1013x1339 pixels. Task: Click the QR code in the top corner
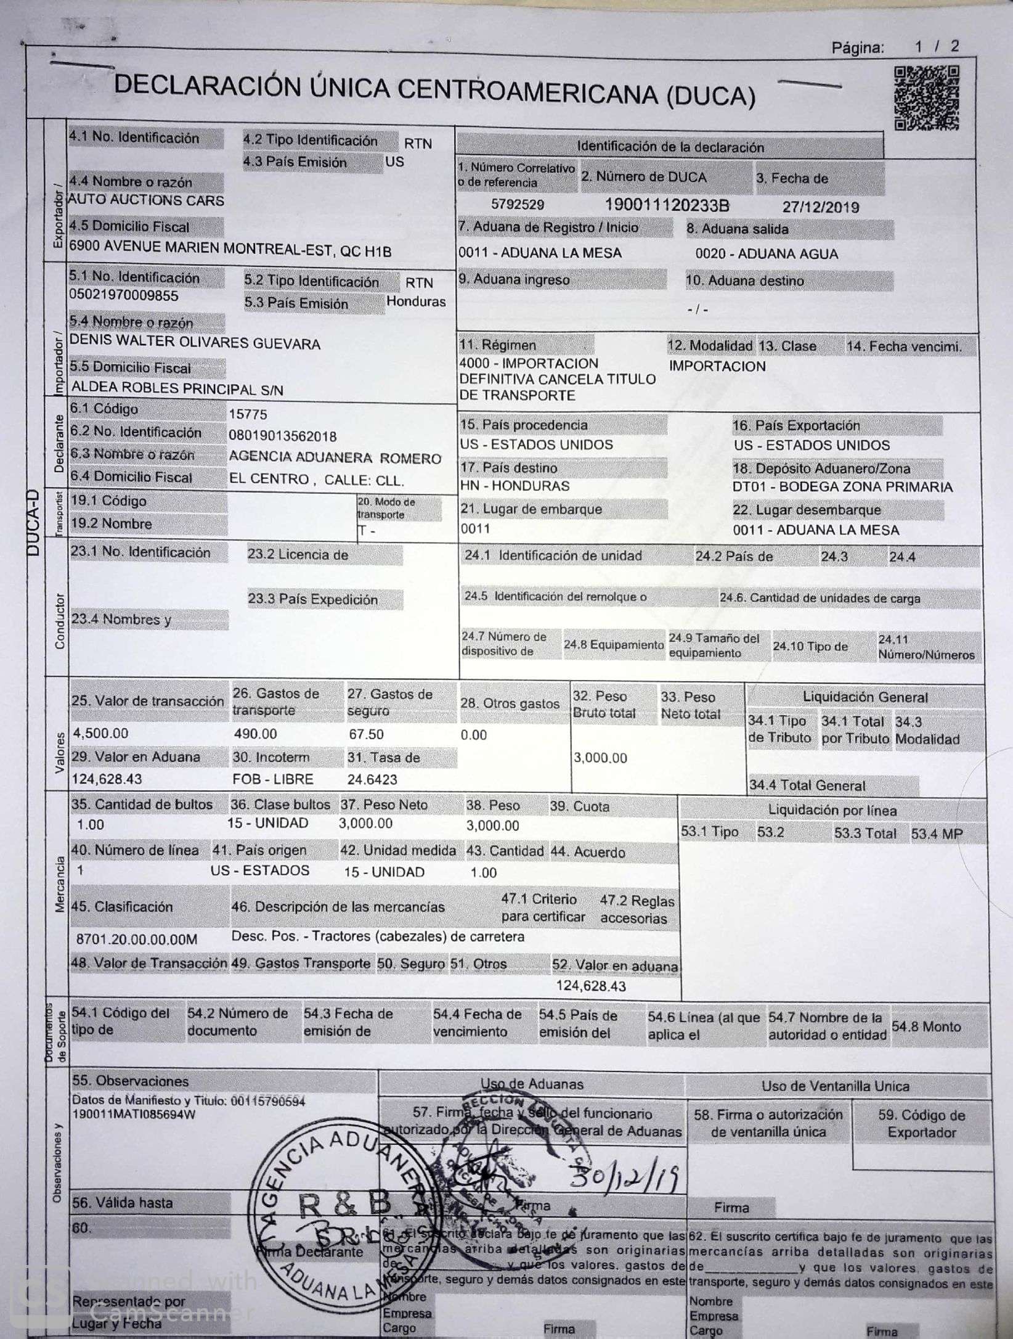[x=927, y=98]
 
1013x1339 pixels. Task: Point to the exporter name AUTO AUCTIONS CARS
[x=146, y=200]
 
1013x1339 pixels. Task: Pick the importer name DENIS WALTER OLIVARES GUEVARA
[x=195, y=343]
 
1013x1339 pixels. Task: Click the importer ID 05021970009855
[x=124, y=295]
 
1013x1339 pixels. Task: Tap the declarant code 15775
[x=248, y=414]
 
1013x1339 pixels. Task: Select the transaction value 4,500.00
[x=101, y=733]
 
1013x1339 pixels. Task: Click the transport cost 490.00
[x=255, y=734]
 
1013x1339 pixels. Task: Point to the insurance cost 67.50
[x=366, y=734]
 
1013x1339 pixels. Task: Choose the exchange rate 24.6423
[x=372, y=779]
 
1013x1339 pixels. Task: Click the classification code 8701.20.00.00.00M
[x=137, y=940]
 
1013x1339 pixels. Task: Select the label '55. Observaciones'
[x=131, y=1081]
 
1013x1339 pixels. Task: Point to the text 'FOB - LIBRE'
[x=273, y=779]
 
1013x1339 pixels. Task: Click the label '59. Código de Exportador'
[x=921, y=1123]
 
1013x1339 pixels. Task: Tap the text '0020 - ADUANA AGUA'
[x=767, y=254]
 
